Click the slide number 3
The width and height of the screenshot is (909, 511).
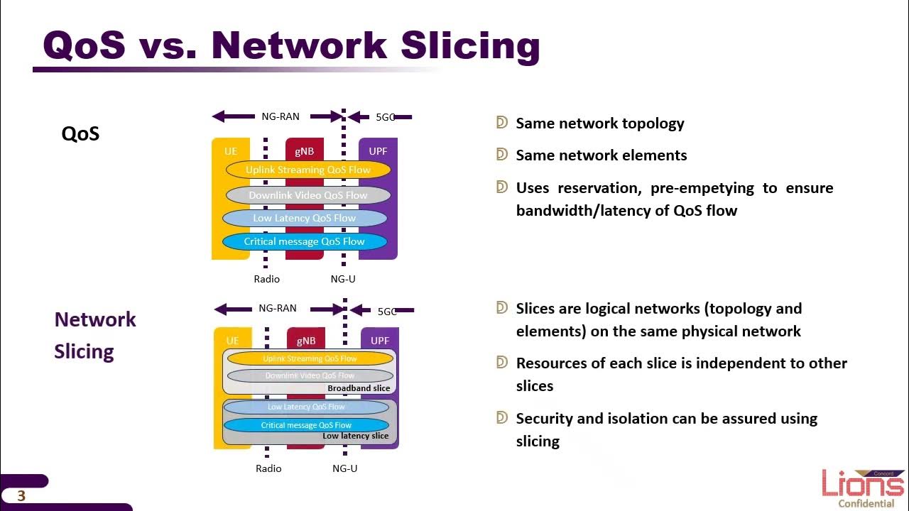(x=21, y=496)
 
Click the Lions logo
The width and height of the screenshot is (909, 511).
(x=863, y=484)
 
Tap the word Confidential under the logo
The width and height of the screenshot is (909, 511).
(x=866, y=504)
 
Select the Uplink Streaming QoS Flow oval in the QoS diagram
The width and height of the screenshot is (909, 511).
(x=308, y=170)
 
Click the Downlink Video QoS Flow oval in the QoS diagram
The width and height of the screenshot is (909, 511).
(x=308, y=195)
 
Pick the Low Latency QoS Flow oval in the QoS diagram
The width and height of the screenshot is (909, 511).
(x=305, y=218)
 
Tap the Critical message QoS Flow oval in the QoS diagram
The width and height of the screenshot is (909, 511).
(x=304, y=241)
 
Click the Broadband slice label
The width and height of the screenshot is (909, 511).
(x=359, y=388)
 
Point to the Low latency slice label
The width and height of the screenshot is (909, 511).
(x=355, y=436)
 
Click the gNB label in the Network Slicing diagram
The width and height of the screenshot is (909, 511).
(x=306, y=341)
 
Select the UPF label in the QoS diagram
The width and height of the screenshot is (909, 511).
(x=378, y=151)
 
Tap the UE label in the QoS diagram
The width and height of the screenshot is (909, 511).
(x=231, y=151)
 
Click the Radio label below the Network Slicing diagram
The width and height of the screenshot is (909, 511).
(x=268, y=468)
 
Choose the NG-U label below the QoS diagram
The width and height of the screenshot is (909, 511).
(x=343, y=279)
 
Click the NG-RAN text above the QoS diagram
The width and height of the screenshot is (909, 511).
(x=281, y=116)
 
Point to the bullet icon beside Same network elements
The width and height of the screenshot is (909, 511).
(x=502, y=155)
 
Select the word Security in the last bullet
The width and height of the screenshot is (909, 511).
(x=545, y=419)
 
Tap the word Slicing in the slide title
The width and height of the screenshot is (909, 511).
(x=470, y=45)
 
